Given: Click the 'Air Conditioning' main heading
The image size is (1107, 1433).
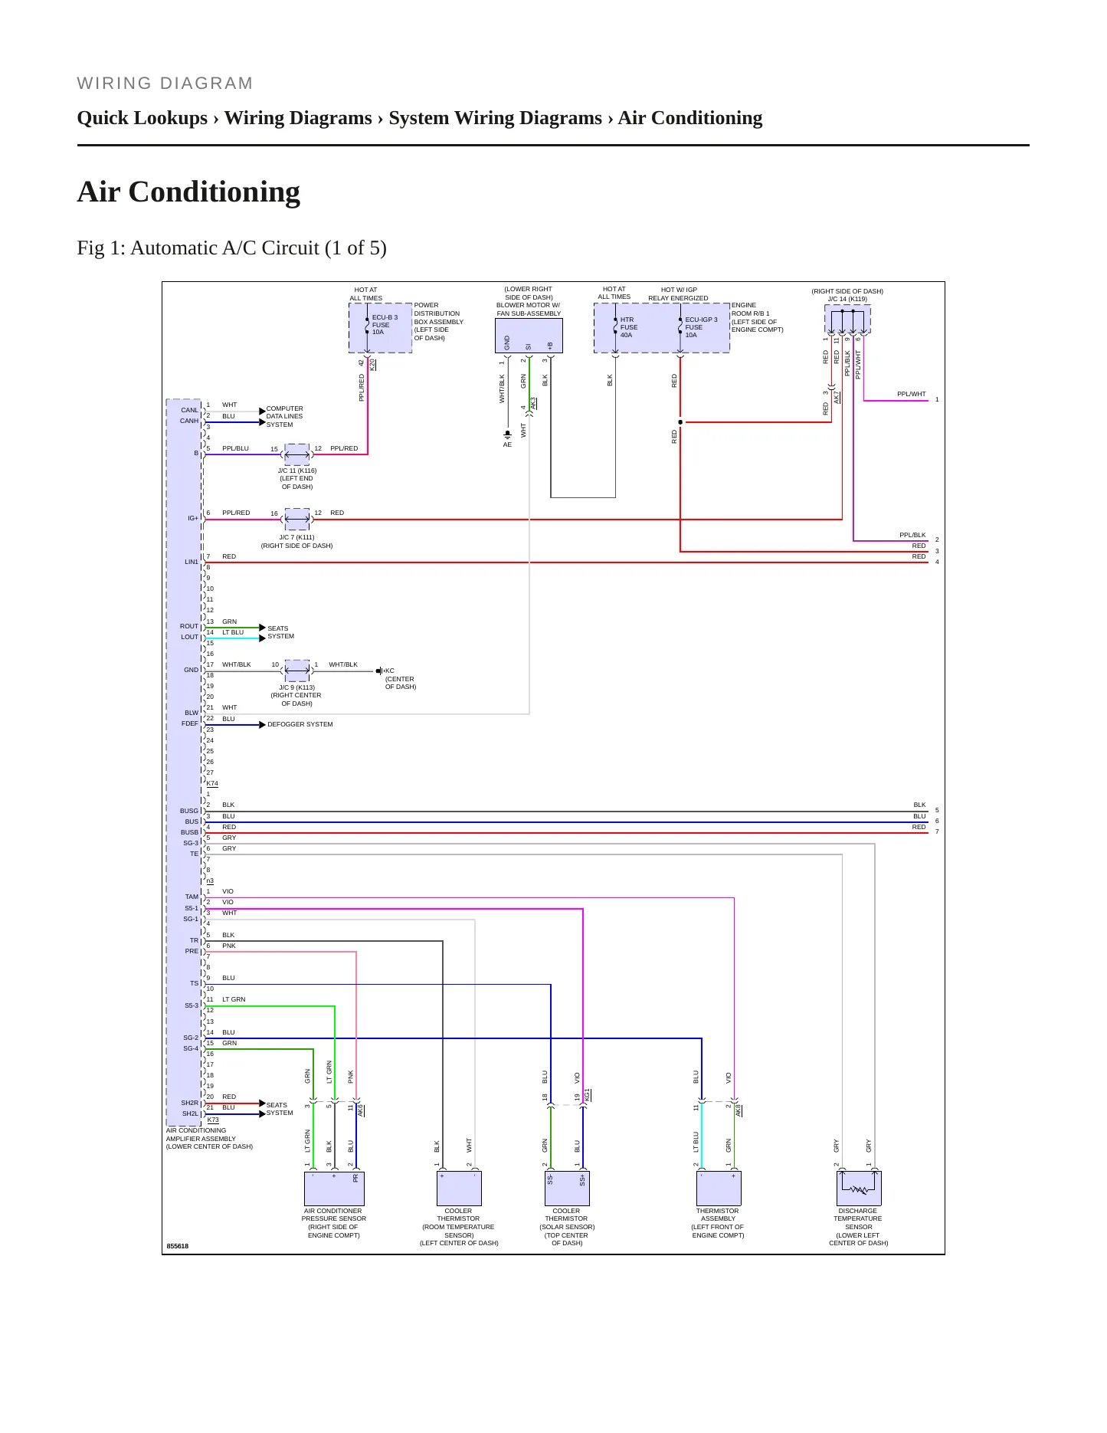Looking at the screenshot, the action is click(x=188, y=192).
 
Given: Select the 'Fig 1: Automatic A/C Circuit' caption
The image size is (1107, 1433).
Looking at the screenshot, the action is click(x=231, y=248).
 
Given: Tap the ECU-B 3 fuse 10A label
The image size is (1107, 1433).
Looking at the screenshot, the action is click(x=385, y=324).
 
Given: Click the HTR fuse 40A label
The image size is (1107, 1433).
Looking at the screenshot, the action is click(x=628, y=327).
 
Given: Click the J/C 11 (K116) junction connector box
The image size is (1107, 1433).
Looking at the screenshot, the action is click(x=297, y=454).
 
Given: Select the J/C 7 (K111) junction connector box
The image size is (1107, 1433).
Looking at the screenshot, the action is click(x=297, y=519).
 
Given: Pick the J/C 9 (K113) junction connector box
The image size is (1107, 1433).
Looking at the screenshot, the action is click(x=297, y=671).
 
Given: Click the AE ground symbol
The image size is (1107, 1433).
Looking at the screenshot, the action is click(x=507, y=435).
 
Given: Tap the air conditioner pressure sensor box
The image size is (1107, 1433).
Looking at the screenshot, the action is click(x=333, y=1189).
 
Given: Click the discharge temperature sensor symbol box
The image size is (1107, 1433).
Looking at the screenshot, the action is click(x=859, y=1189).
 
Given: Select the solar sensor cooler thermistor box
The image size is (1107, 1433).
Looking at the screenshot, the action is click(x=567, y=1189).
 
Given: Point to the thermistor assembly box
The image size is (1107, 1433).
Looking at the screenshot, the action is click(x=719, y=1189).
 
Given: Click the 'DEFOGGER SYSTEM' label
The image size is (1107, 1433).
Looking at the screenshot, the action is click(x=300, y=724).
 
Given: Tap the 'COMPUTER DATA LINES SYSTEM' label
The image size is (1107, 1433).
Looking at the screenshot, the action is click(x=284, y=417).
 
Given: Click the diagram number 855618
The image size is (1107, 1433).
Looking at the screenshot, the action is click(x=178, y=1246).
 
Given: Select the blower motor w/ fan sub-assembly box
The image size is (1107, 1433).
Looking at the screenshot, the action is click(x=529, y=336).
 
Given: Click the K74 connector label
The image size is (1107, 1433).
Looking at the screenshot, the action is click(x=212, y=783).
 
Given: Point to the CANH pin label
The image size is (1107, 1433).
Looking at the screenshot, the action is click(x=189, y=421).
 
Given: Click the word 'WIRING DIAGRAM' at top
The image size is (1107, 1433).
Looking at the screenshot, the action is click(x=165, y=84).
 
